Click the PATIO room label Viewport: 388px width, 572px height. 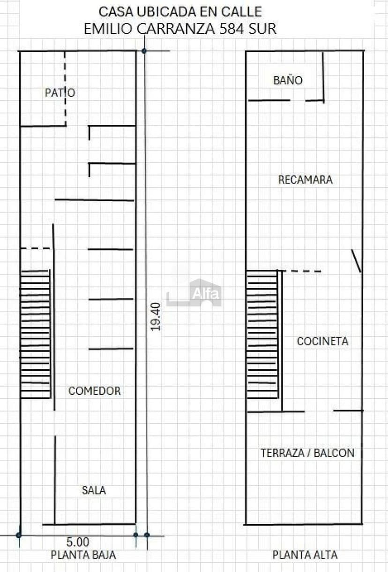point(60,93)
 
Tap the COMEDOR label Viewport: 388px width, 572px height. point(95,391)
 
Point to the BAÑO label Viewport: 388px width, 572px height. point(288,80)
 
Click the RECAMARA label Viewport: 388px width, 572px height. point(305,180)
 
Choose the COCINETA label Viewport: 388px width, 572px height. point(322,342)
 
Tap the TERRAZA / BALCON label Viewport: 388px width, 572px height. point(307,453)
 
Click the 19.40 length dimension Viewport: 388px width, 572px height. point(156,317)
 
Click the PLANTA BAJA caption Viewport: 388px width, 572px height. point(83,555)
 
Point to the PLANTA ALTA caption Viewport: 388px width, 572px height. point(305,555)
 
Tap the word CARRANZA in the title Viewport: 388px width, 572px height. point(176,29)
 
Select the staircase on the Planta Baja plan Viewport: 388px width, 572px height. point(35,334)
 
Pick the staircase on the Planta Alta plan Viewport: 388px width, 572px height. point(262,334)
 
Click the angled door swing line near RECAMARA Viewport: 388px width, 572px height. point(356,261)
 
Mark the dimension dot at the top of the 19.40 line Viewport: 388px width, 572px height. point(144,51)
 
